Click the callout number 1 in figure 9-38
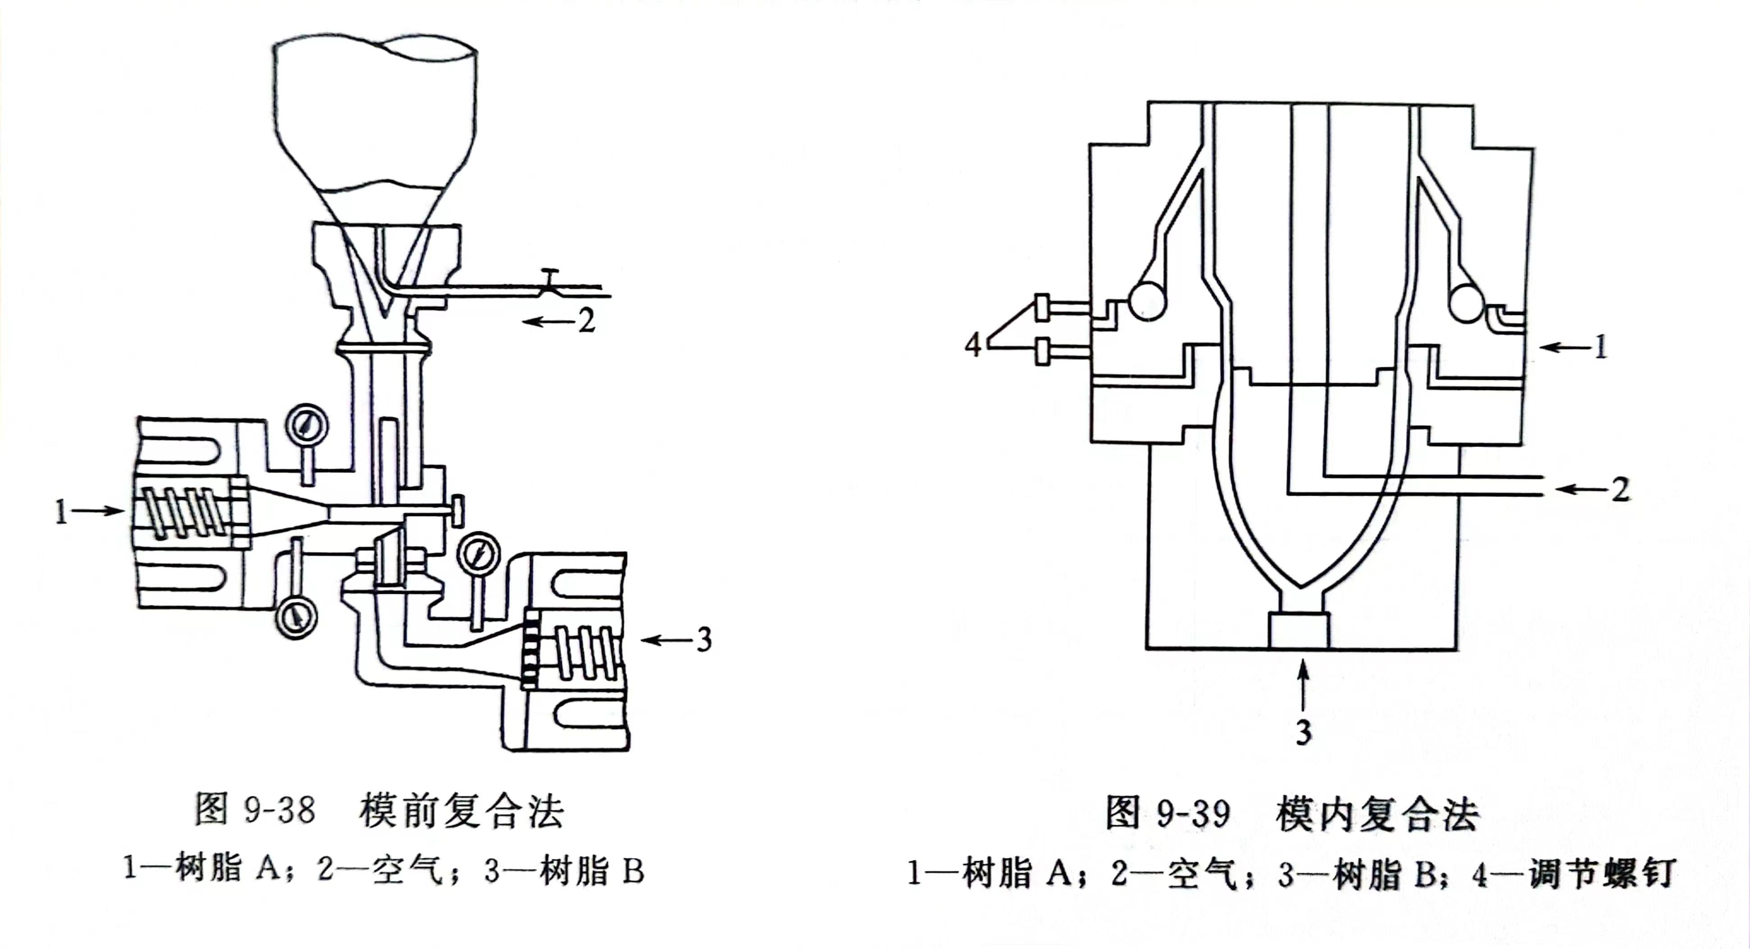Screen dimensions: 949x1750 click(x=61, y=511)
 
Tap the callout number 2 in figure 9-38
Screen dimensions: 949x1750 click(x=586, y=321)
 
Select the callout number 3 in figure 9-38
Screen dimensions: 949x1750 click(x=704, y=640)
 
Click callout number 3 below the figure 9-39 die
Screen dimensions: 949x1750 click(x=1303, y=732)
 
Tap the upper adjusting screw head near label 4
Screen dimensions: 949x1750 click(x=1042, y=308)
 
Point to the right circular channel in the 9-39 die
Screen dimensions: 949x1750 click(x=1466, y=302)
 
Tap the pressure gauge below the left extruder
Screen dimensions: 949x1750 click(x=296, y=616)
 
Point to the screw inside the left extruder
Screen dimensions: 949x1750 click(x=183, y=512)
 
